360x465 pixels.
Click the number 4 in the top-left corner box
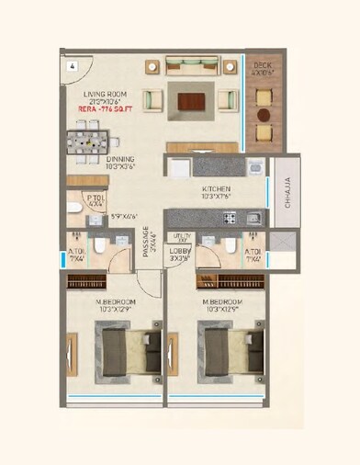[69, 64]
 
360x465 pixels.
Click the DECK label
[263, 65]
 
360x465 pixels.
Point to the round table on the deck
[264, 116]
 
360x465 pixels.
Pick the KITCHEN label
[216, 190]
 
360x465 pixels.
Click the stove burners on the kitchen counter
[229, 218]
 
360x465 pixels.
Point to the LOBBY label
[180, 253]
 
